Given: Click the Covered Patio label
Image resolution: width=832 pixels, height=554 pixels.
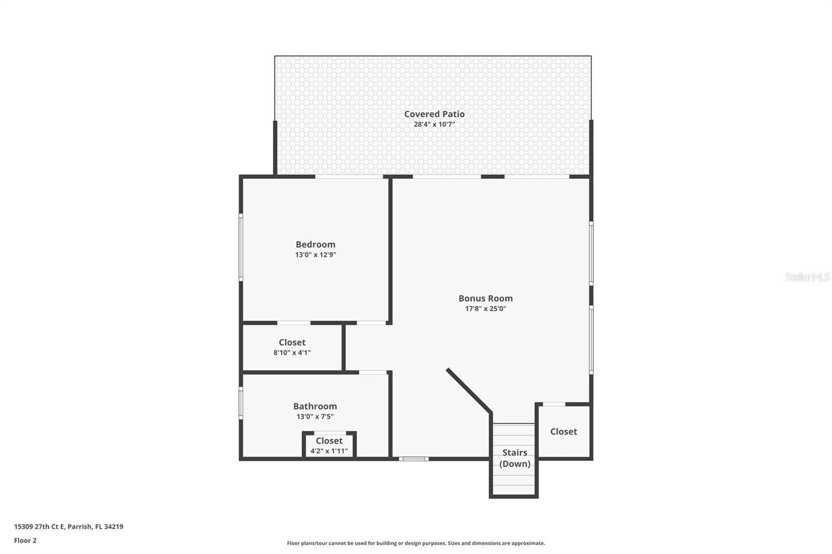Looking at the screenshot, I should coord(434,114).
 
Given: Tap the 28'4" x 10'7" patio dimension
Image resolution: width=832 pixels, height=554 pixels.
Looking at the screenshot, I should coord(434,124).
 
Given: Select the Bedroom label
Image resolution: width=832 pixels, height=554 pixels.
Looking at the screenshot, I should coord(315,244).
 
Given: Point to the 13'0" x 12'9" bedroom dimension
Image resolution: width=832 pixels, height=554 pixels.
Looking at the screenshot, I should coord(315,255).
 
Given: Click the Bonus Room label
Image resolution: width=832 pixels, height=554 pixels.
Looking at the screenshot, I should coord(485,298).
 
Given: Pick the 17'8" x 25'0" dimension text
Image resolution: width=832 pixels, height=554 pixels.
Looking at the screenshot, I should coord(485,309).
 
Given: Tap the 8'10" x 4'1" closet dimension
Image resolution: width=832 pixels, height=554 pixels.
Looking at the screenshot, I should coord(292,352).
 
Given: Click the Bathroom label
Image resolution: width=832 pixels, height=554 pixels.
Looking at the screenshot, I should coord(315,406).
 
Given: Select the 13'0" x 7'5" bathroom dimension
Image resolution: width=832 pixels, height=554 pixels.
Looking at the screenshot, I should coord(315,416).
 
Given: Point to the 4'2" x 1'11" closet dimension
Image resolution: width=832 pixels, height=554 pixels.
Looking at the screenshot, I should coord(329,451).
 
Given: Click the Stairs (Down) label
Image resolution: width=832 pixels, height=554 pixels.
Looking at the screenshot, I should coord(514,458).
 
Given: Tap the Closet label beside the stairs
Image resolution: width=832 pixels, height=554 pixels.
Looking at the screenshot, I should coord(563,431).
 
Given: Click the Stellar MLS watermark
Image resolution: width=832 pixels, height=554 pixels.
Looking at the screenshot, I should coord(807,277).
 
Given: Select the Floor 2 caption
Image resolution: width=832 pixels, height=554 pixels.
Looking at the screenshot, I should coord(25,540).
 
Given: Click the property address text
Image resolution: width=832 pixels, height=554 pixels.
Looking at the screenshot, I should coord(69,526).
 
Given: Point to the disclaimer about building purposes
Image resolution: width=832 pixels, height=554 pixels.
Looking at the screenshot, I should coord(415,543).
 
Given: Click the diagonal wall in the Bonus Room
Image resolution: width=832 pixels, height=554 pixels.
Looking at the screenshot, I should coord(469,390).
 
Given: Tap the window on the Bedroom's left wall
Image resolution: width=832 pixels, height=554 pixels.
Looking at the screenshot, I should coord(241,247).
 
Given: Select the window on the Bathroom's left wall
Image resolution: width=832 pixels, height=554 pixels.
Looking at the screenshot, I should coord(241,403).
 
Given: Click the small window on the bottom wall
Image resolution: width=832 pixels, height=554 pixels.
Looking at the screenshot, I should coord(414,459).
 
